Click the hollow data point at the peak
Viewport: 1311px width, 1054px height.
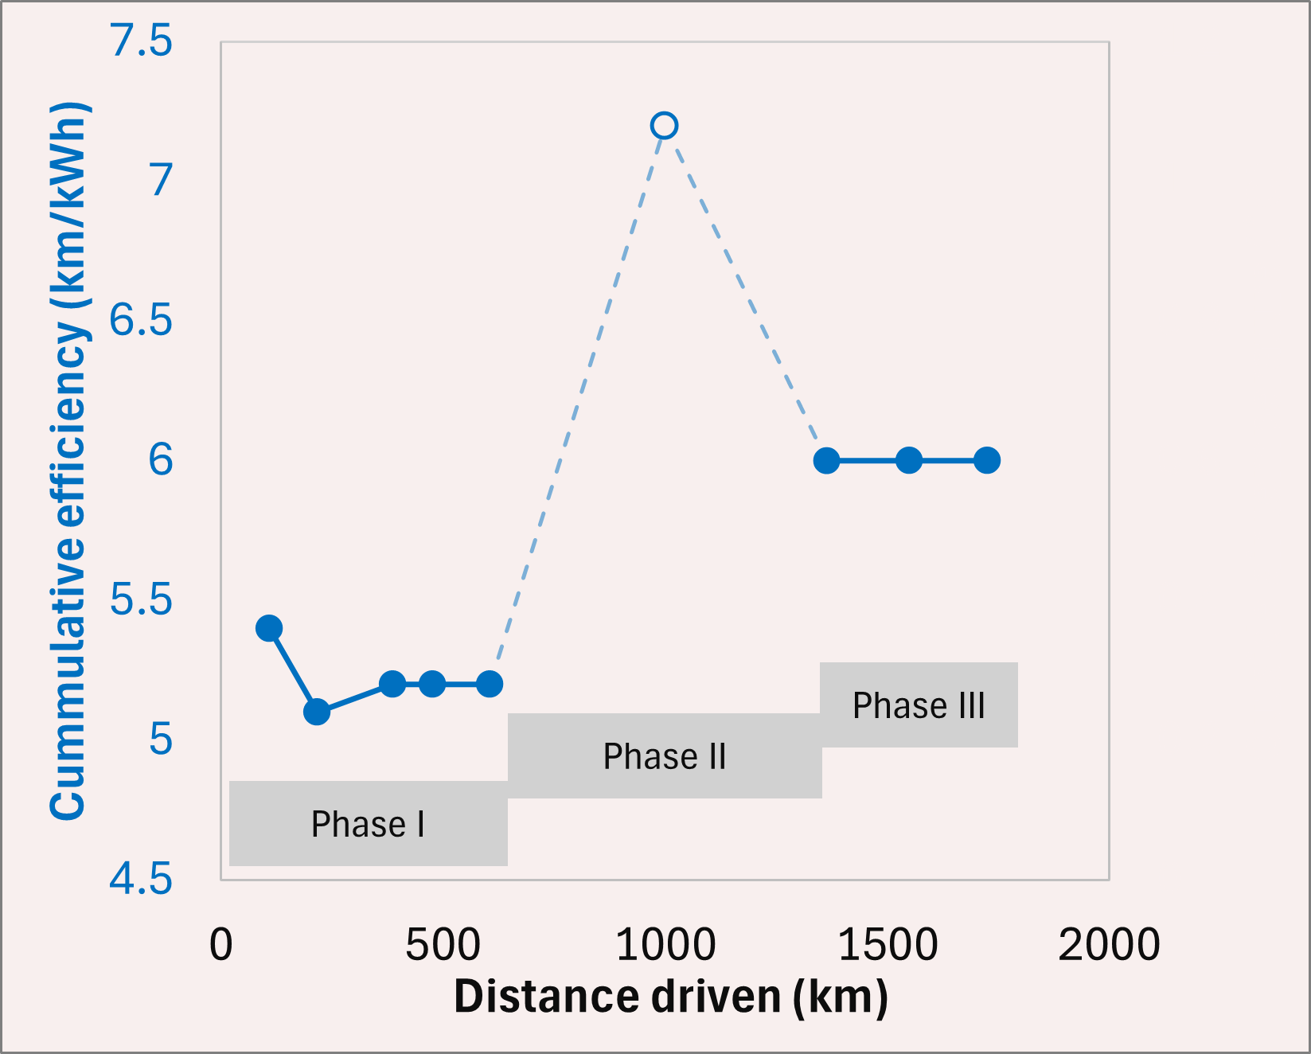[x=664, y=126]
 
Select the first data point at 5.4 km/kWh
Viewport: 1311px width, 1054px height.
[x=269, y=628]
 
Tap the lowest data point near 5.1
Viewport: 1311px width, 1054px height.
[x=317, y=712]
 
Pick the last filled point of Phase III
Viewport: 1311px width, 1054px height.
[x=987, y=460]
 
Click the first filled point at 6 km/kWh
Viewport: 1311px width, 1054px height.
[x=827, y=460]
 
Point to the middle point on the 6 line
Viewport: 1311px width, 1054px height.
[x=909, y=460]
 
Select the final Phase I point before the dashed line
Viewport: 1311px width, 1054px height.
[x=490, y=684]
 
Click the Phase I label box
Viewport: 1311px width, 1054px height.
[x=368, y=824]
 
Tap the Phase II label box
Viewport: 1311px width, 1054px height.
[x=665, y=756]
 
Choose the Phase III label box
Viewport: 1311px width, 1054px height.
[x=919, y=705]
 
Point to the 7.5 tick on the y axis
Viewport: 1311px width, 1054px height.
[x=142, y=41]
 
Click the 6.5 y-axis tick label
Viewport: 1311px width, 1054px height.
[x=141, y=320]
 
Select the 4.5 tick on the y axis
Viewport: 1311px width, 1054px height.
[x=141, y=880]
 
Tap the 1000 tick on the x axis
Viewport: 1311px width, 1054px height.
[x=665, y=945]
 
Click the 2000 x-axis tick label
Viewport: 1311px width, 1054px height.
[x=1109, y=945]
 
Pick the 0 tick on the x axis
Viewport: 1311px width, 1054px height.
[x=221, y=945]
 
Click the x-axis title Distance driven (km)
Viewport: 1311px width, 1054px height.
[x=670, y=997]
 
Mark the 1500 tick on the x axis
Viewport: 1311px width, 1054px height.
[x=888, y=945]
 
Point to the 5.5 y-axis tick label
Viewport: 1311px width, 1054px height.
[x=141, y=599]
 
